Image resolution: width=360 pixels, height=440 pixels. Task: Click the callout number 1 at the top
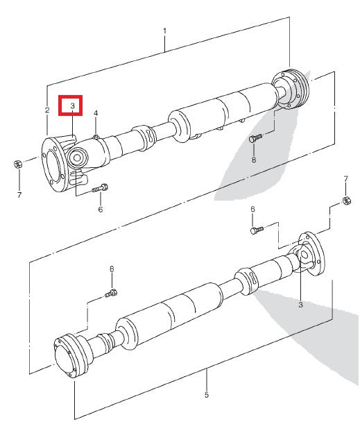click(164, 31)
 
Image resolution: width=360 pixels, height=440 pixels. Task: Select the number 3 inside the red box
click(71, 105)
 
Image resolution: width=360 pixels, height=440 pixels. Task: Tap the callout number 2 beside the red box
click(47, 110)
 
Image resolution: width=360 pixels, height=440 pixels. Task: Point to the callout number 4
click(96, 112)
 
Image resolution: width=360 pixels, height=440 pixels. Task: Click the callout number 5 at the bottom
click(206, 395)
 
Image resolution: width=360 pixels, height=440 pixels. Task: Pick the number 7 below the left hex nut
click(19, 195)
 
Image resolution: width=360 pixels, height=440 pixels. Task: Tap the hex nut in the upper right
click(345, 201)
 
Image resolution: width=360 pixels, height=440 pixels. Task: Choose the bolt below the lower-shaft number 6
click(257, 228)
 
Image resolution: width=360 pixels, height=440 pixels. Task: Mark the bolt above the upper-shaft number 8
click(255, 138)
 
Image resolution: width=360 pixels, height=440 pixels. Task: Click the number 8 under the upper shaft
click(253, 160)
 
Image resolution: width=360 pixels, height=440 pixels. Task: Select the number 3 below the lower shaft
click(300, 304)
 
